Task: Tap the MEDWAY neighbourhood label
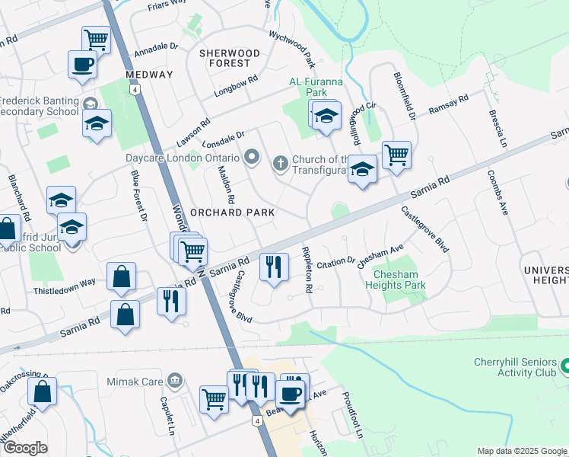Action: pyautogui.click(x=150, y=75)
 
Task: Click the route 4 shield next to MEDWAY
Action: pyautogui.click(x=135, y=89)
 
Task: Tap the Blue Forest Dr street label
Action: pyautogui.click(x=138, y=197)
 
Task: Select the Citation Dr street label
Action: pyautogui.click(x=336, y=262)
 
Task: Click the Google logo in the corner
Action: pyautogui.click(x=26, y=448)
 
